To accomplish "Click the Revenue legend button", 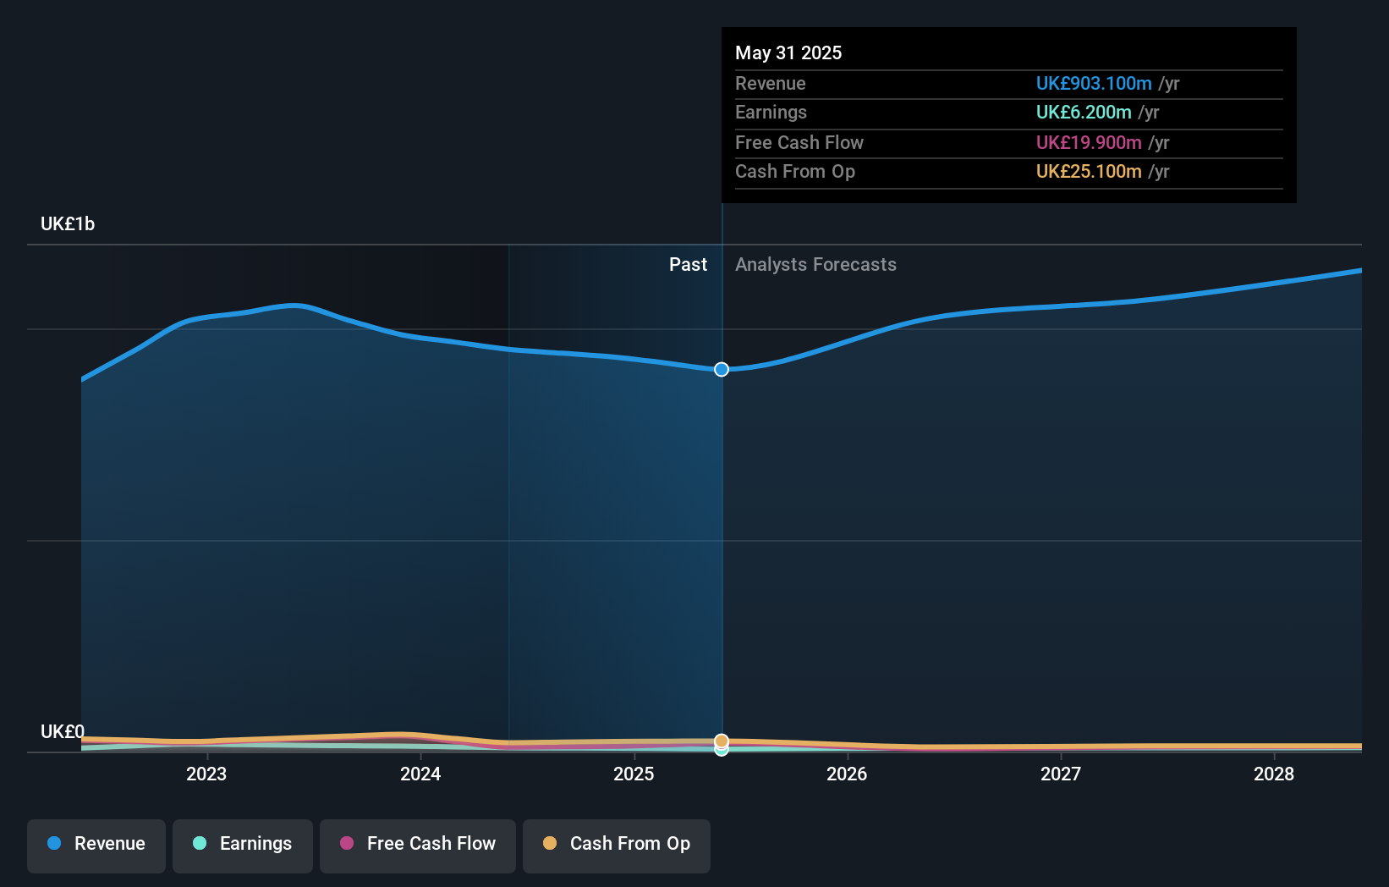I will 96,844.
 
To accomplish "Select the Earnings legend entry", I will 243,844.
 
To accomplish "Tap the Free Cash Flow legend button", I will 418,844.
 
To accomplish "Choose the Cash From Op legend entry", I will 617,844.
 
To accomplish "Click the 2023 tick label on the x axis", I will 206,774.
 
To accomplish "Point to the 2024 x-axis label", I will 420,774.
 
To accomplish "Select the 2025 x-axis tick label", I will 634,774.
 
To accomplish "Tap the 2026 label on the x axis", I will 847,774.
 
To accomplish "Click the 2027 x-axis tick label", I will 1061,774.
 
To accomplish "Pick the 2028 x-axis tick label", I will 1274,774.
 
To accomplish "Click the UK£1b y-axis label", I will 68,224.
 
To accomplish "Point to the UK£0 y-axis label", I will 63,731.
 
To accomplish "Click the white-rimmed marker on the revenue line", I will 722,370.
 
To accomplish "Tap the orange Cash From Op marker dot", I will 722,741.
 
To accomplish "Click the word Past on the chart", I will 688,265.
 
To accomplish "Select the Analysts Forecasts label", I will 815,265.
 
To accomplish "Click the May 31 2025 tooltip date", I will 788,53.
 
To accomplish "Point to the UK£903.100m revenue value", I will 1094,84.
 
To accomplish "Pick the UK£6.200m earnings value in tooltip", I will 1084,113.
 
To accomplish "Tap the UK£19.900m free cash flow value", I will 1089,143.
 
